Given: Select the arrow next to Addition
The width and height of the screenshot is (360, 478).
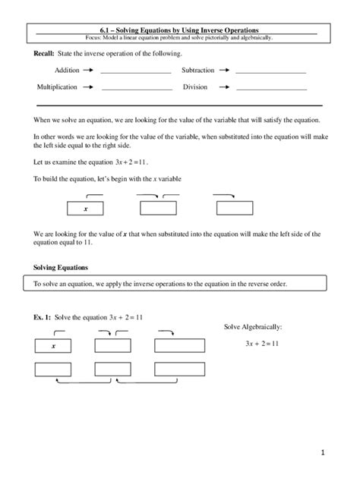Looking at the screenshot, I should click(88, 71).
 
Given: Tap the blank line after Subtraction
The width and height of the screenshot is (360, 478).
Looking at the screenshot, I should click(270, 73).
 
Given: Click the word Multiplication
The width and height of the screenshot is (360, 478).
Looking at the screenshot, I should click(57, 87).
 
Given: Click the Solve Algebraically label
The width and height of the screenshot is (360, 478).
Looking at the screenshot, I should click(253, 327).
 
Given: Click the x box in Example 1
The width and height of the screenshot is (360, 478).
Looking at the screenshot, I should click(54, 346).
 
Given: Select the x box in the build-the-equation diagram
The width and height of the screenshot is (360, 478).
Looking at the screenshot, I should click(86, 209).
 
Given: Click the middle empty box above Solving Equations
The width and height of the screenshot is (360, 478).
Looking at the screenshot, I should click(158, 209).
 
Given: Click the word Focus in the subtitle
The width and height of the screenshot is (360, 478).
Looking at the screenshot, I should click(98, 37).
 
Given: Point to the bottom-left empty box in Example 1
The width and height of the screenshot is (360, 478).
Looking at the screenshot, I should click(54, 369).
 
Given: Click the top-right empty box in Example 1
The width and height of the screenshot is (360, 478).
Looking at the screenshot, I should click(179, 346).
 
